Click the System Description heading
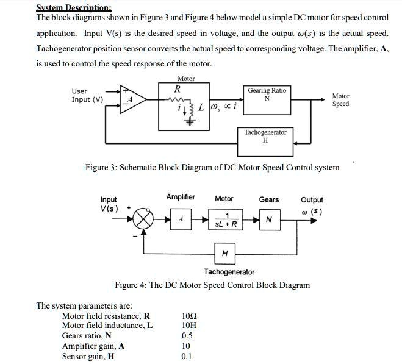(x=74, y=7)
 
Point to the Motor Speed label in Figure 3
(x=340, y=100)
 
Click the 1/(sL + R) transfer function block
(x=225, y=219)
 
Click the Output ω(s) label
(x=312, y=205)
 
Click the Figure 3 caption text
(x=212, y=167)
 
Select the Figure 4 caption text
(x=212, y=285)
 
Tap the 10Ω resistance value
(x=190, y=316)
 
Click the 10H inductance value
(x=189, y=326)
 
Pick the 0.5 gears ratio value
(x=187, y=336)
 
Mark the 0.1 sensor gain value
(x=187, y=357)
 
